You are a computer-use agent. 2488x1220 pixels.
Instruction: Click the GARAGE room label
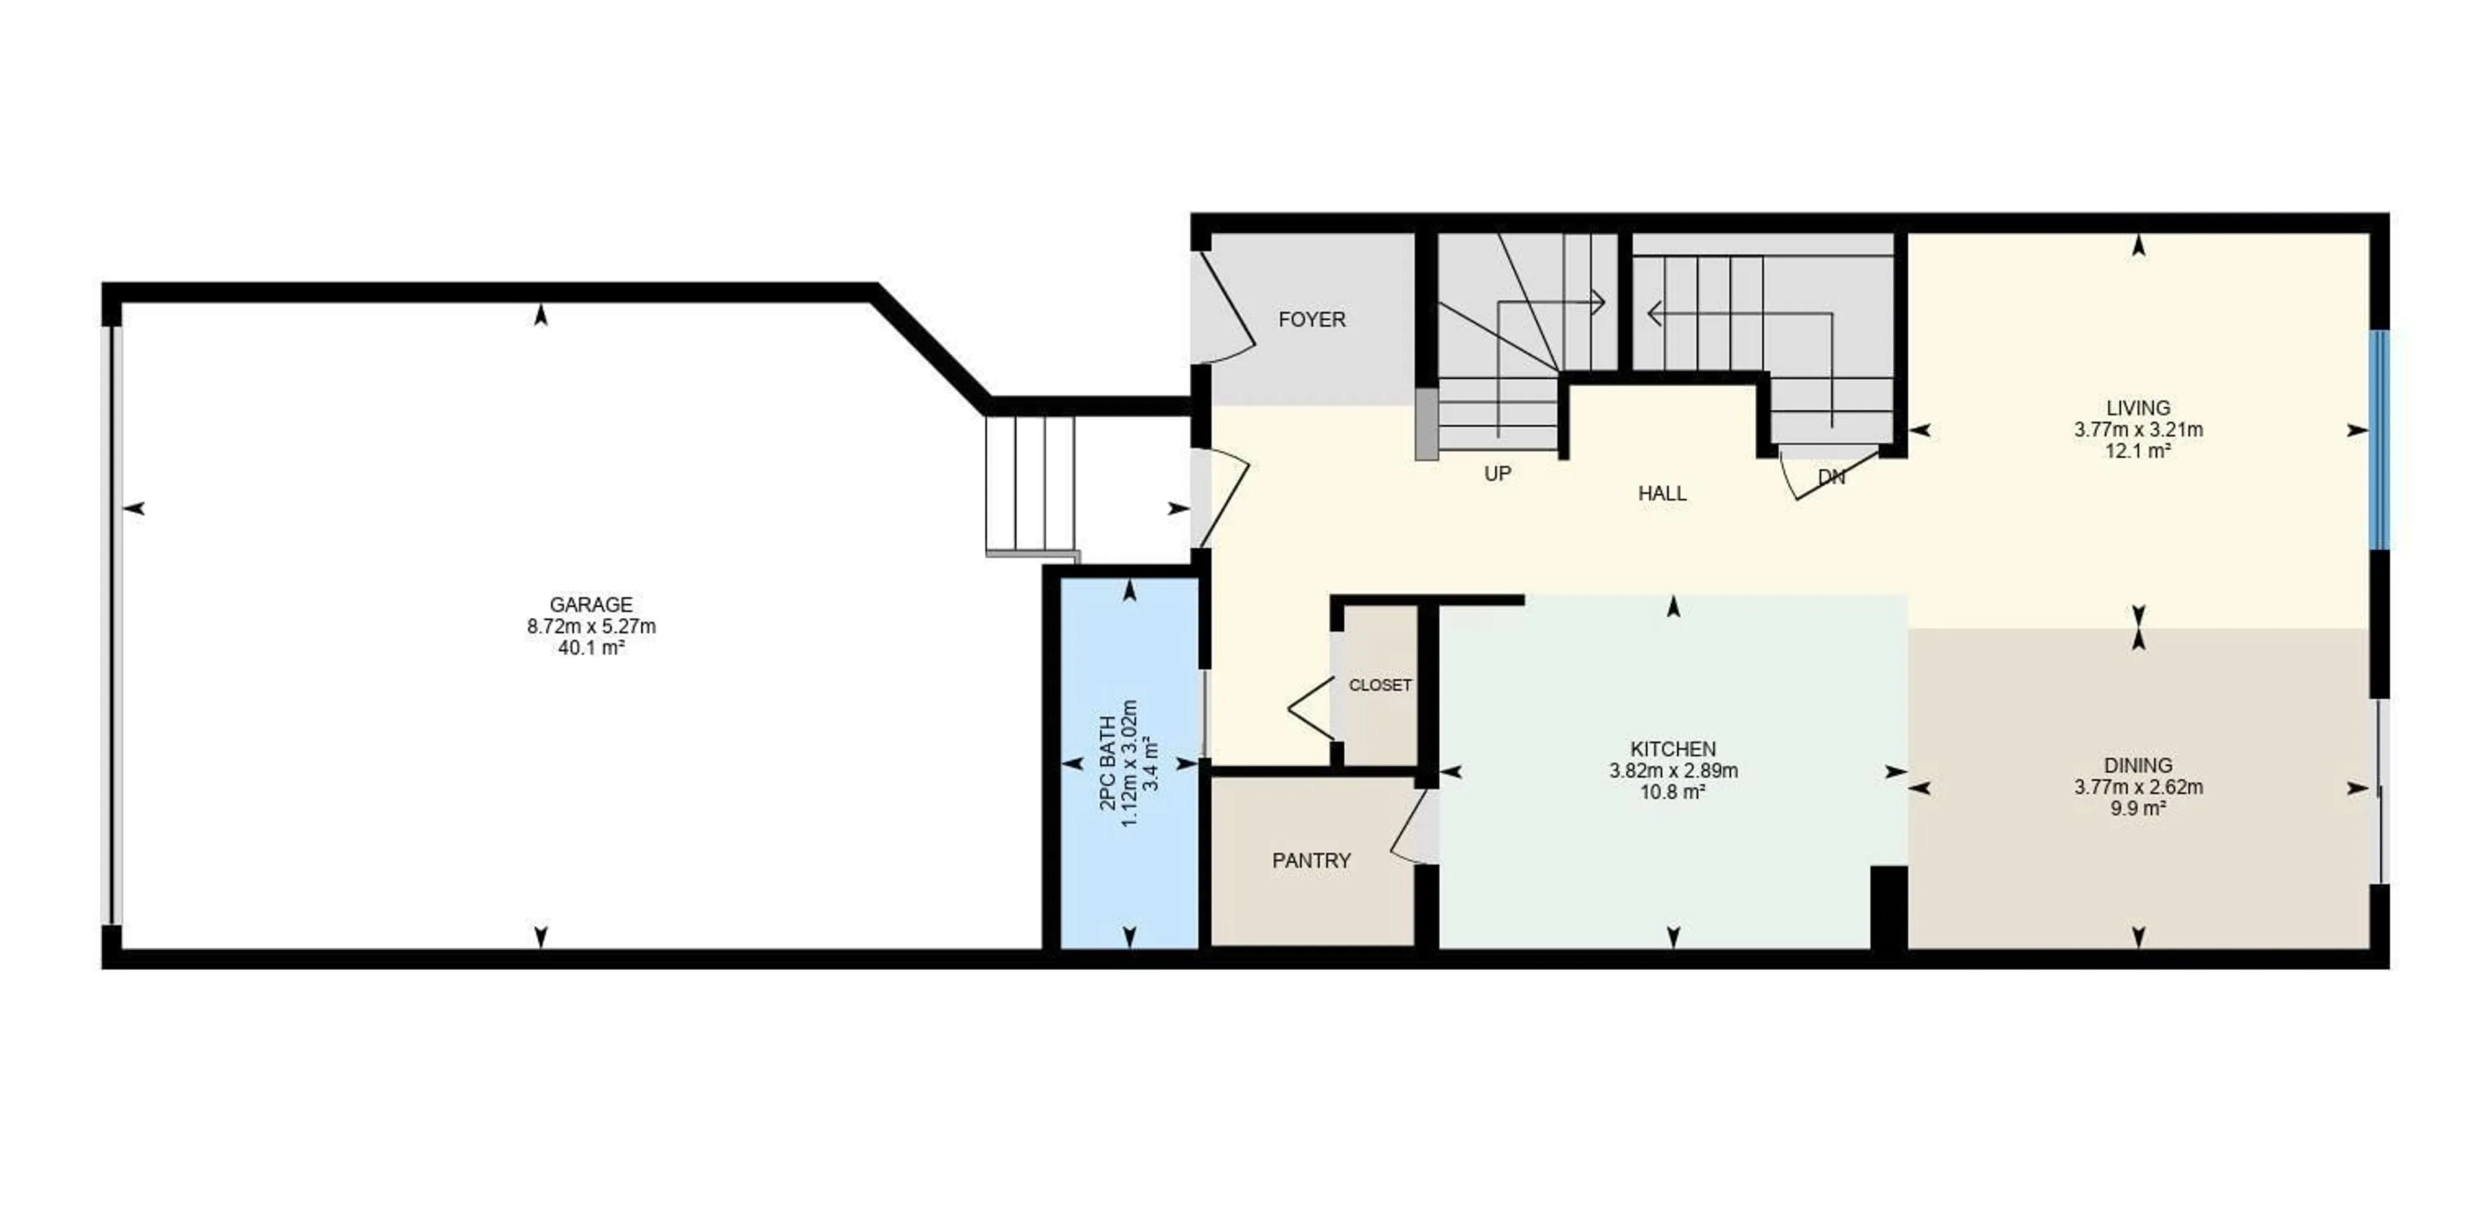[590, 605]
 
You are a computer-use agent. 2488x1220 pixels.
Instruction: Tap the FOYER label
[1311, 320]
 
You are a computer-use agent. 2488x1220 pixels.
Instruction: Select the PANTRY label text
[1311, 861]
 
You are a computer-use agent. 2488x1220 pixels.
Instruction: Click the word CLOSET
[1379, 685]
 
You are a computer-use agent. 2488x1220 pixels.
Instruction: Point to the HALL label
[1661, 493]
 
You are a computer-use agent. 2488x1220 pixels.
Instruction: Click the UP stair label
[1497, 473]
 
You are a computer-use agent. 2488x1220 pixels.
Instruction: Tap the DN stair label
[1830, 477]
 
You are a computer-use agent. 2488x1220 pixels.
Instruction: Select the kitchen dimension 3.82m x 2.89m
[1673, 771]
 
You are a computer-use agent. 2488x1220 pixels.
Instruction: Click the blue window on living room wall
[2379, 440]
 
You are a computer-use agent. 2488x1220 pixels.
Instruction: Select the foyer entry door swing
[1228, 309]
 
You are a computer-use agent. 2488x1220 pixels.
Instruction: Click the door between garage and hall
[1225, 497]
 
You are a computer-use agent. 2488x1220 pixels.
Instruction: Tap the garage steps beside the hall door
[1030, 483]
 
